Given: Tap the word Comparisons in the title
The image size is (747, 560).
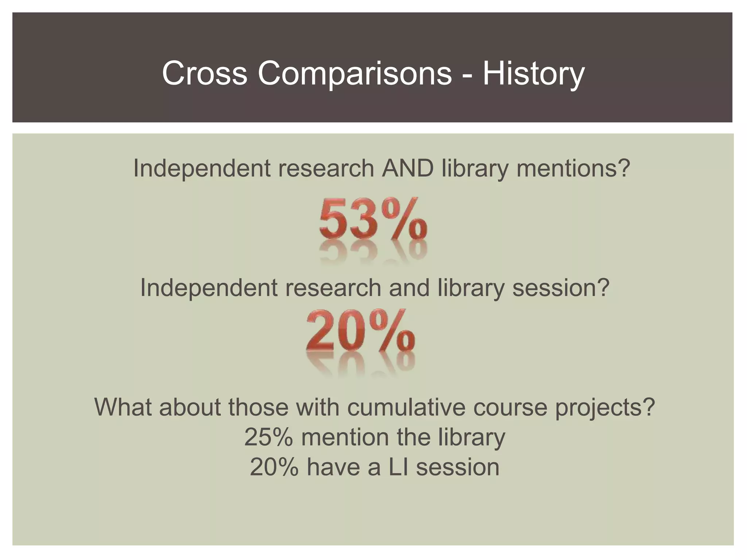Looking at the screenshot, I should click(355, 73).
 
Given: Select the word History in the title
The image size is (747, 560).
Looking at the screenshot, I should click(533, 73).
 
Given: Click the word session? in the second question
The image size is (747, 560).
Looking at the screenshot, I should click(561, 288).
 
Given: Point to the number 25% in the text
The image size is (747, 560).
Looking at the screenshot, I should click(268, 437).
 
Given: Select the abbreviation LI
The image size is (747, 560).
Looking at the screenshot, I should click(398, 467).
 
